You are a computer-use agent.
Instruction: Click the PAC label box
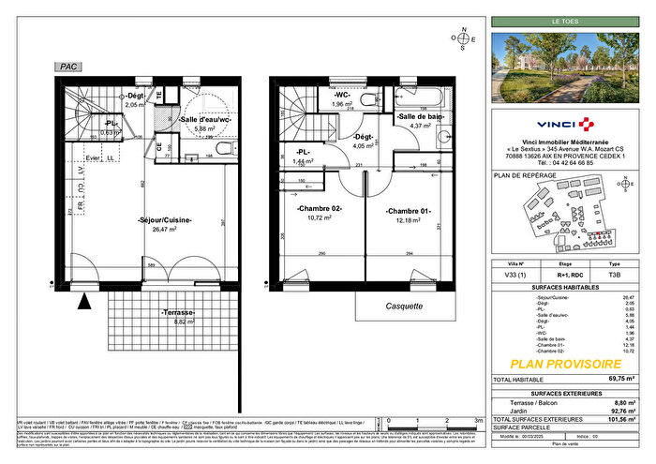click(x=67, y=67)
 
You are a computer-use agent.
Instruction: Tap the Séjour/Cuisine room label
click(x=165, y=220)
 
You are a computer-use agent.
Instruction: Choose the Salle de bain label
click(x=422, y=116)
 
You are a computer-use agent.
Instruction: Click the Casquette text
click(x=405, y=306)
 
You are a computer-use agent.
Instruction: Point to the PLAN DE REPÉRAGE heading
click(x=525, y=175)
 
